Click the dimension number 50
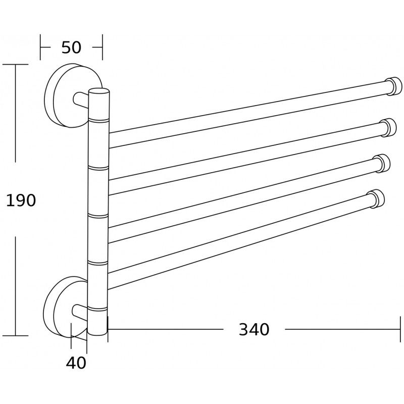point(71,47)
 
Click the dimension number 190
point(21,200)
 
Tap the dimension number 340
point(254,330)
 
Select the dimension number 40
point(76,362)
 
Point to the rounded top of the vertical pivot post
point(99,92)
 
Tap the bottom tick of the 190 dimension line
point(15,335)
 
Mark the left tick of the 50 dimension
point(41,47)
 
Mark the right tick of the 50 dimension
point(103,47)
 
